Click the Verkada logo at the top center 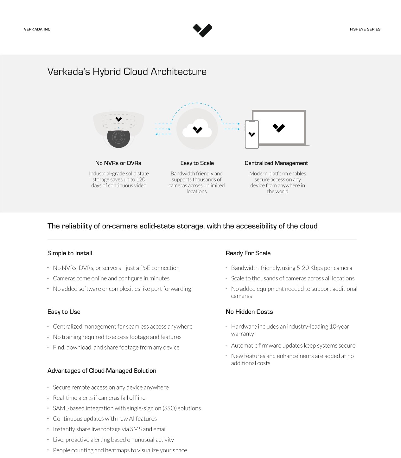202,30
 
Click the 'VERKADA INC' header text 37,29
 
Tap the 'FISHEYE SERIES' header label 365,29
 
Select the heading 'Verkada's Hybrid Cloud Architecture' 127,72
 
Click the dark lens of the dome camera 118,138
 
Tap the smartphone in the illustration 252,135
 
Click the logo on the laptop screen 279,128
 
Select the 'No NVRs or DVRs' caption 118,163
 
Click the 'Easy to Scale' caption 197,163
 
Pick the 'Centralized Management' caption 276,163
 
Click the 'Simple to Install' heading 70,253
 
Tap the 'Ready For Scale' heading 248,253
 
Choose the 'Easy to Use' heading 64,312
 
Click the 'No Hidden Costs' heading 249,312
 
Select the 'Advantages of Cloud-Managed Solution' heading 102,371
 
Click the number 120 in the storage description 141,180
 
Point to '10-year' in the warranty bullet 339,326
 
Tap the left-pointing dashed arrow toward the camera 163,134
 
